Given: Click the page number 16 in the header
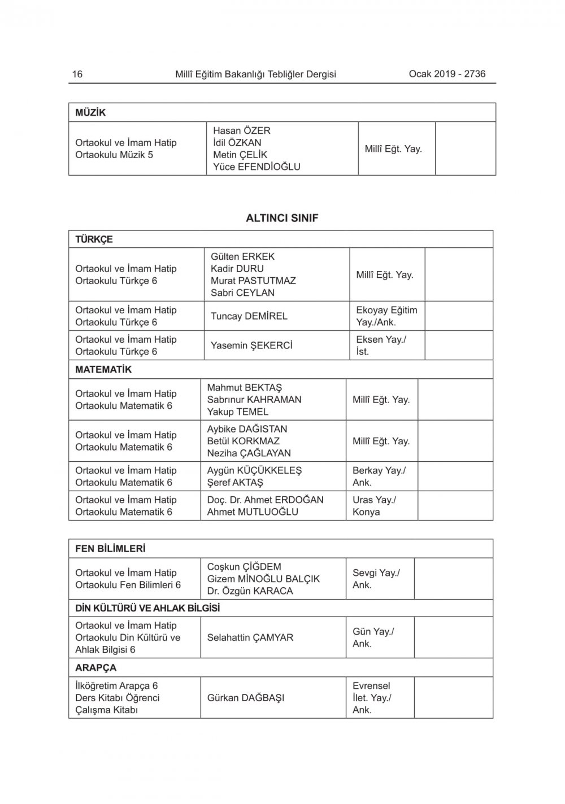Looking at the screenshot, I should tap(77, 74).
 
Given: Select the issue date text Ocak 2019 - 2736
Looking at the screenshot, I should tap(447, 73).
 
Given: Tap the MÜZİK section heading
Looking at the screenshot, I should tap(90, 112).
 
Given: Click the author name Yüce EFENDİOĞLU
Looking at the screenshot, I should tap(257, 167).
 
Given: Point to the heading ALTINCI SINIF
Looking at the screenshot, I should tap(282, 218).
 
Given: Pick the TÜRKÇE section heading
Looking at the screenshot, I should tap(94, 239).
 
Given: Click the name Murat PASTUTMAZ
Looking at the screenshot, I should tap(253, 281).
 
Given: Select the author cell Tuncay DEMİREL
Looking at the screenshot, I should tap(249, 316).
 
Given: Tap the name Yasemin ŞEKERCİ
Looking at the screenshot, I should tap(251, 346).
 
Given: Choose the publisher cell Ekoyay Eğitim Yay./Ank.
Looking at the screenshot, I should tap(386, 316).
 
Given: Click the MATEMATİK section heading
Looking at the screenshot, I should tap(103, 370).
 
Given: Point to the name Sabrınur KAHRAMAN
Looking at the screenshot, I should tap(254, 400).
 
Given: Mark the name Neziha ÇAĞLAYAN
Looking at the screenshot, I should tap(249, 453).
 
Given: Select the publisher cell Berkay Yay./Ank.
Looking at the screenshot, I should tap(379, 477).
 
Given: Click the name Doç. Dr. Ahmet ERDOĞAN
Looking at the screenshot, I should tap(265, 500).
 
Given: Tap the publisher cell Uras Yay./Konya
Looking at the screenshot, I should tap(374, 506).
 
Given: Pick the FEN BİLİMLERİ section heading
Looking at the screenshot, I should tap(110, 549).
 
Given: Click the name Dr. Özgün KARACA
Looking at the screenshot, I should tap(250, 591).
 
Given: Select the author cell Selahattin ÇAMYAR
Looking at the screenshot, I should tap(250, 637).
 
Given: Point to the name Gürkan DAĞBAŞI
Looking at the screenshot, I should tap(246, 698).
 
